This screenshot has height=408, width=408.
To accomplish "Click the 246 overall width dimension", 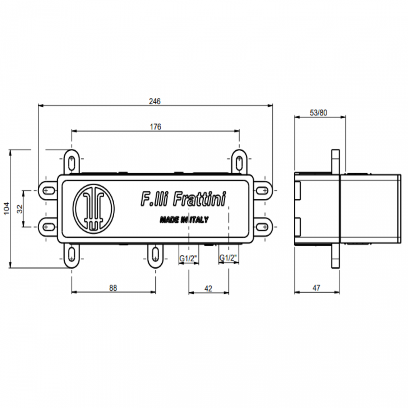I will pos(155,101).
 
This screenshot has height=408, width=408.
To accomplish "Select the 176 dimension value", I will pos(155,126).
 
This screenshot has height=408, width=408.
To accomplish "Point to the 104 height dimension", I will pos(7,209).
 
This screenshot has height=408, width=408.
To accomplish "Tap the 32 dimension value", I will pos(20,209).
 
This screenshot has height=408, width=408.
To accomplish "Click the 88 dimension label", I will pos(113,288).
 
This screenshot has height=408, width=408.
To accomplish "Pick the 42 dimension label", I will pos(208,288).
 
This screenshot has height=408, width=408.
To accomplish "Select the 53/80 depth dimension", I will pos(319,113).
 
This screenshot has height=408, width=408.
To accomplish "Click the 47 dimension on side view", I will pos(316,288).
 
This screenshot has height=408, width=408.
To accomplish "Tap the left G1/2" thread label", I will pos(188,258).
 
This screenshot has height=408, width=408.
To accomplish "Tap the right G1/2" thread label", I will pos(228,258).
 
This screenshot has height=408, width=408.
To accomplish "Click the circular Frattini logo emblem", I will pos(94,208).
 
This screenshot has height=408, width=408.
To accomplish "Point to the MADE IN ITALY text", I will pos(184,220).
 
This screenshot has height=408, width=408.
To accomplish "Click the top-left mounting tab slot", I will pos(72,162).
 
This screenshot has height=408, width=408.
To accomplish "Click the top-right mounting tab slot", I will pos(239,162).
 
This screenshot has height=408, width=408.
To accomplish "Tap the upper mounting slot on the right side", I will pos(262,191).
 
